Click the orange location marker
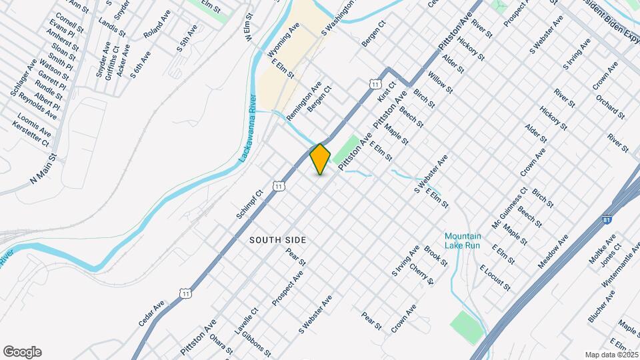320,159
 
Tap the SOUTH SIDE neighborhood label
278,239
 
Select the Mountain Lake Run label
463,241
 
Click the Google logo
22,352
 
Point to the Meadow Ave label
553,251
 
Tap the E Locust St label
495,278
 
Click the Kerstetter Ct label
31,134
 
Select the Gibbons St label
256,343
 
